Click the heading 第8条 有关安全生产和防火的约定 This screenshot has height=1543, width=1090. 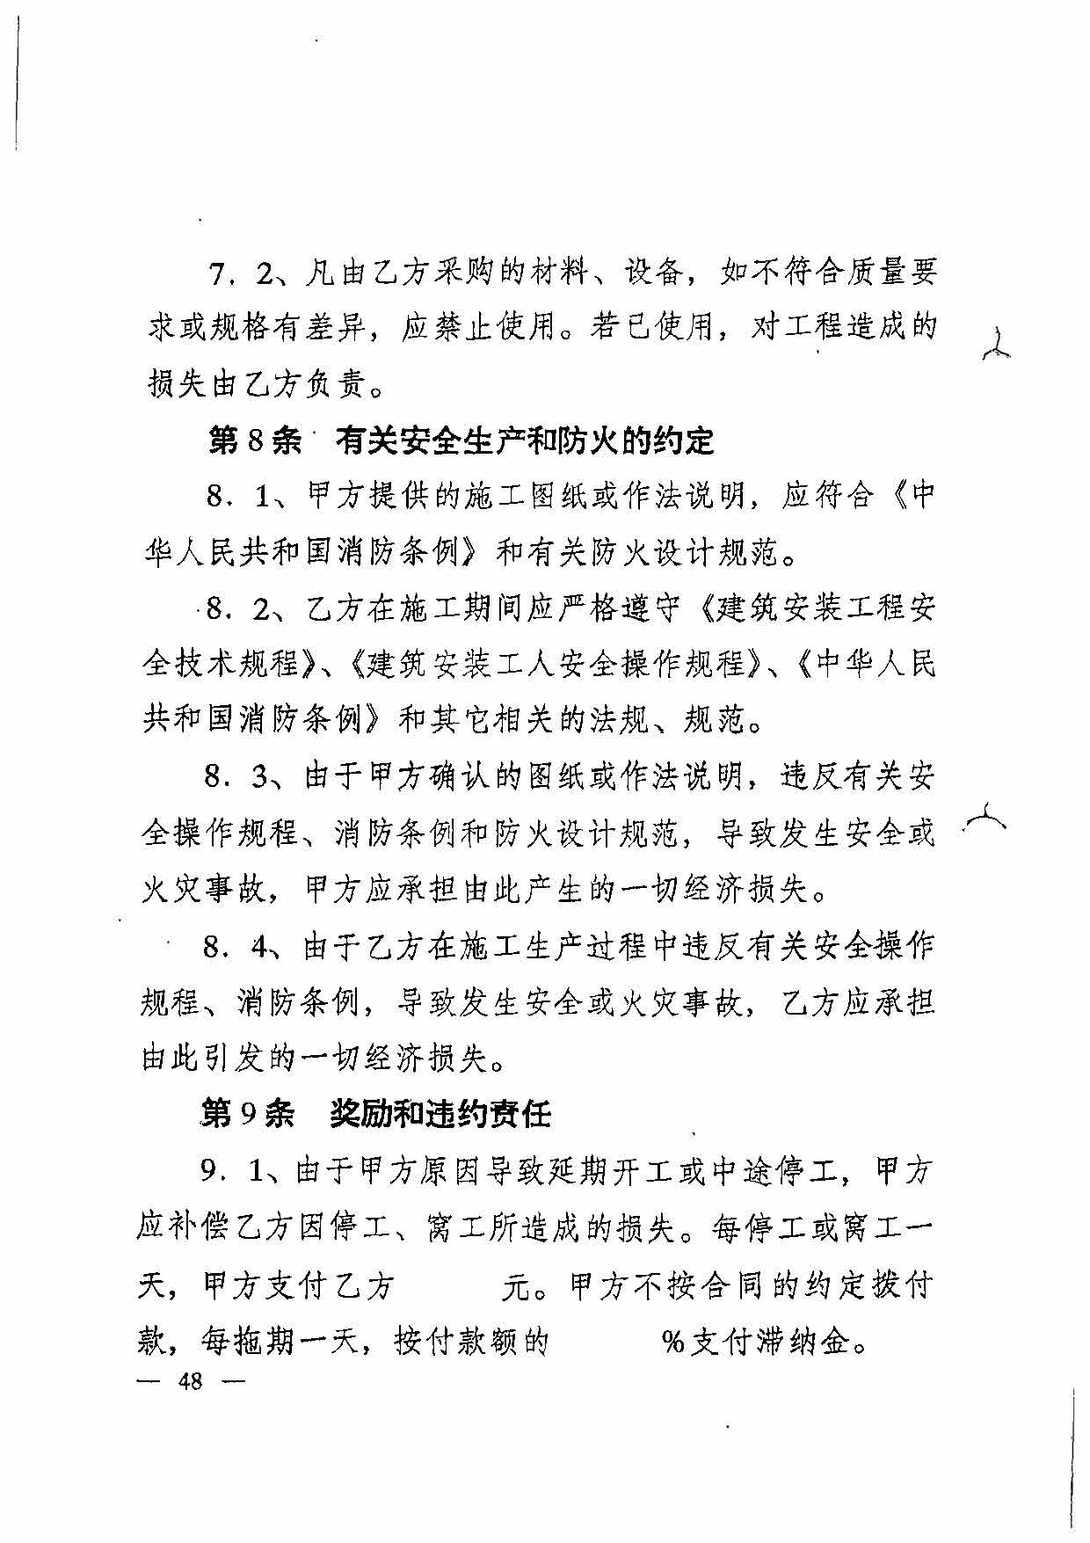[x=461, y=441]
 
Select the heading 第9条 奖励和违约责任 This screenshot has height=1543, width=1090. [x=375, y=1114]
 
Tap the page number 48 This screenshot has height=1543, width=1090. [x=190, y=1381]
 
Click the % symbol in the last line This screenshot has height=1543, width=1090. [x=673, y=1343]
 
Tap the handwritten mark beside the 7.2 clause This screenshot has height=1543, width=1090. [x=997, y=345]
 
